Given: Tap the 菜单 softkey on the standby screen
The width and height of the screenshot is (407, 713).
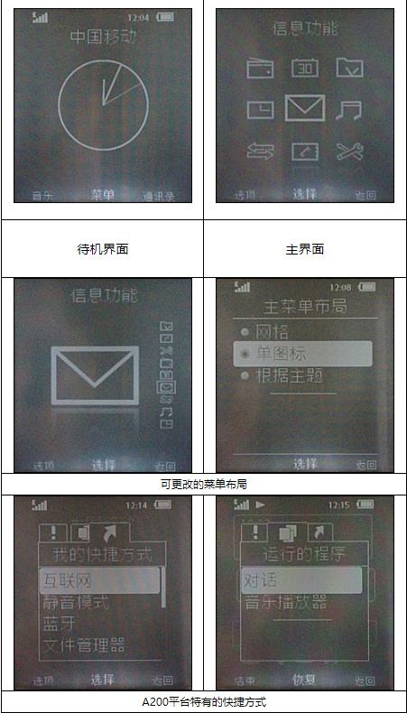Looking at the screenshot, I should click(x=102, y=194).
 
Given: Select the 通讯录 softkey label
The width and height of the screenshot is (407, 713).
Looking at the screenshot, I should click(x=158, y=195).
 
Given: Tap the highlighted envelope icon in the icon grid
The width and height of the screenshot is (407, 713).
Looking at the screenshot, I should click(x=305, y=109).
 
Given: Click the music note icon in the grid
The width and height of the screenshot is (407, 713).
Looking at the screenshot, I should click(x=348, y=110).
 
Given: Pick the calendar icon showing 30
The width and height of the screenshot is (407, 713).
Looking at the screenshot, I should click(x=305, y=68).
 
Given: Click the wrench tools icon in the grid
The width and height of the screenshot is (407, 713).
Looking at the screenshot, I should click(x=349, y=152).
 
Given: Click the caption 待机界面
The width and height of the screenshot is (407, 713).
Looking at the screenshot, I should click(x=102, y=249).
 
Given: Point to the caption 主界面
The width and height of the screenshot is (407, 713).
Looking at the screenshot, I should click(x=305, y=249).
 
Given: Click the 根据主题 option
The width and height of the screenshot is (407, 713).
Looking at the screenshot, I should click(x=289, y=375).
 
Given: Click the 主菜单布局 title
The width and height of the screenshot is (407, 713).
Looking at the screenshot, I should click(x=305, y=306).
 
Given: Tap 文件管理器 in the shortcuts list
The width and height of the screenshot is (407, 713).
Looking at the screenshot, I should click(x=84, y=645).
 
